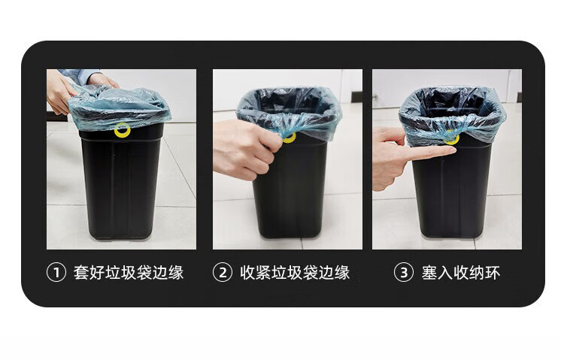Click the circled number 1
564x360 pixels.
(x=56, y=272)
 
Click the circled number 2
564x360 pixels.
(x=223, y=272)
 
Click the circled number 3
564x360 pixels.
(x=404, y=272)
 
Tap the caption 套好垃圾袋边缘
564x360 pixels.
(x=129, y=272)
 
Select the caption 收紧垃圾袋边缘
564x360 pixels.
(x=295, y=272)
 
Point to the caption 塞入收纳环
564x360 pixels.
(x=461, y=272)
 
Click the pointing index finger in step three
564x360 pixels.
(x=432, y=153)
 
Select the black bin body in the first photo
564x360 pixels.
(x=121, y=183)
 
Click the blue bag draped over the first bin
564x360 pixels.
(x=119, y=106)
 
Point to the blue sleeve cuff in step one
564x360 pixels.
(x=81, y=77)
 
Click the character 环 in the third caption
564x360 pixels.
(x=493, y=272)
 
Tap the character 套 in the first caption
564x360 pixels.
(x=81, y=272)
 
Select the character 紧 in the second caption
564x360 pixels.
(x=264, y=272)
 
